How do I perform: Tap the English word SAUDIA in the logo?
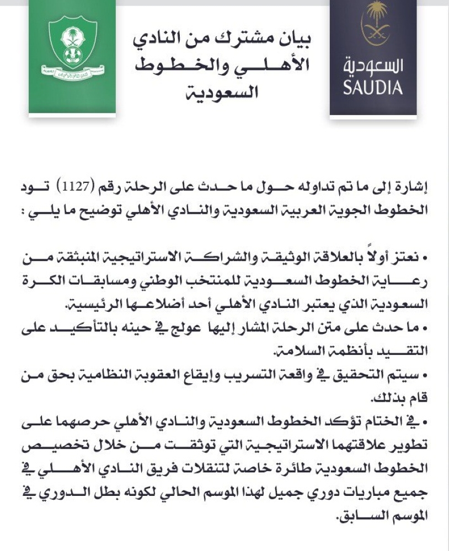(372, 88)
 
